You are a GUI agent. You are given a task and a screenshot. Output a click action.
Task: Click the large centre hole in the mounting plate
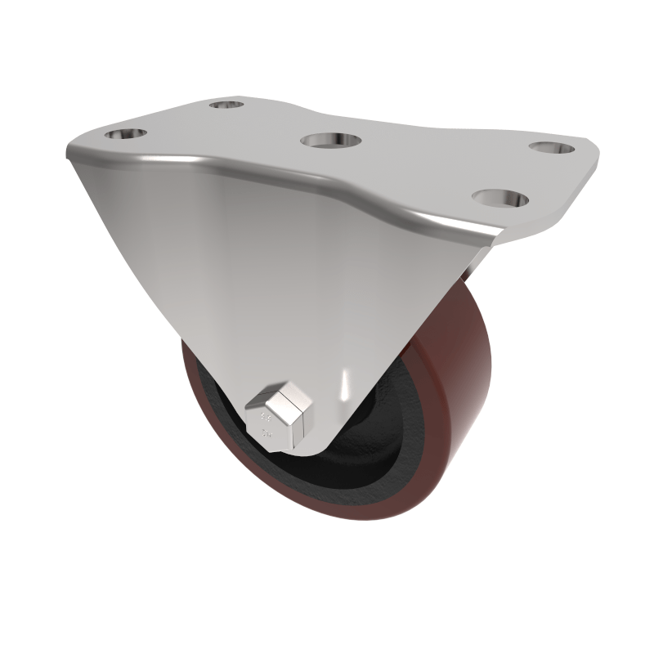331,140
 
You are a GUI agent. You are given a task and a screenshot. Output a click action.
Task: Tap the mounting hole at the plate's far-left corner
126,133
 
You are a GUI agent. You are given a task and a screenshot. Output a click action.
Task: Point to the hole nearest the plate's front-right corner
499,198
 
